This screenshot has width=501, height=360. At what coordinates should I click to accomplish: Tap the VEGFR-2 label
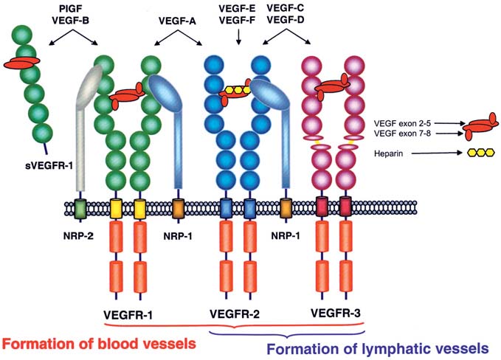(233, 314)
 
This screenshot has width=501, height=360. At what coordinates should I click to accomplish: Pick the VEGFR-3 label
(334, 314)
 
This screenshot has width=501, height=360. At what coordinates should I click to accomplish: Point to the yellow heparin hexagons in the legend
(477, 153)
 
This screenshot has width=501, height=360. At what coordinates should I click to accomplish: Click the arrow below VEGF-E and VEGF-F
(238, 38)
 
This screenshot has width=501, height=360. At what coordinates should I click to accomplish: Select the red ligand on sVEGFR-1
(24, 64)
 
